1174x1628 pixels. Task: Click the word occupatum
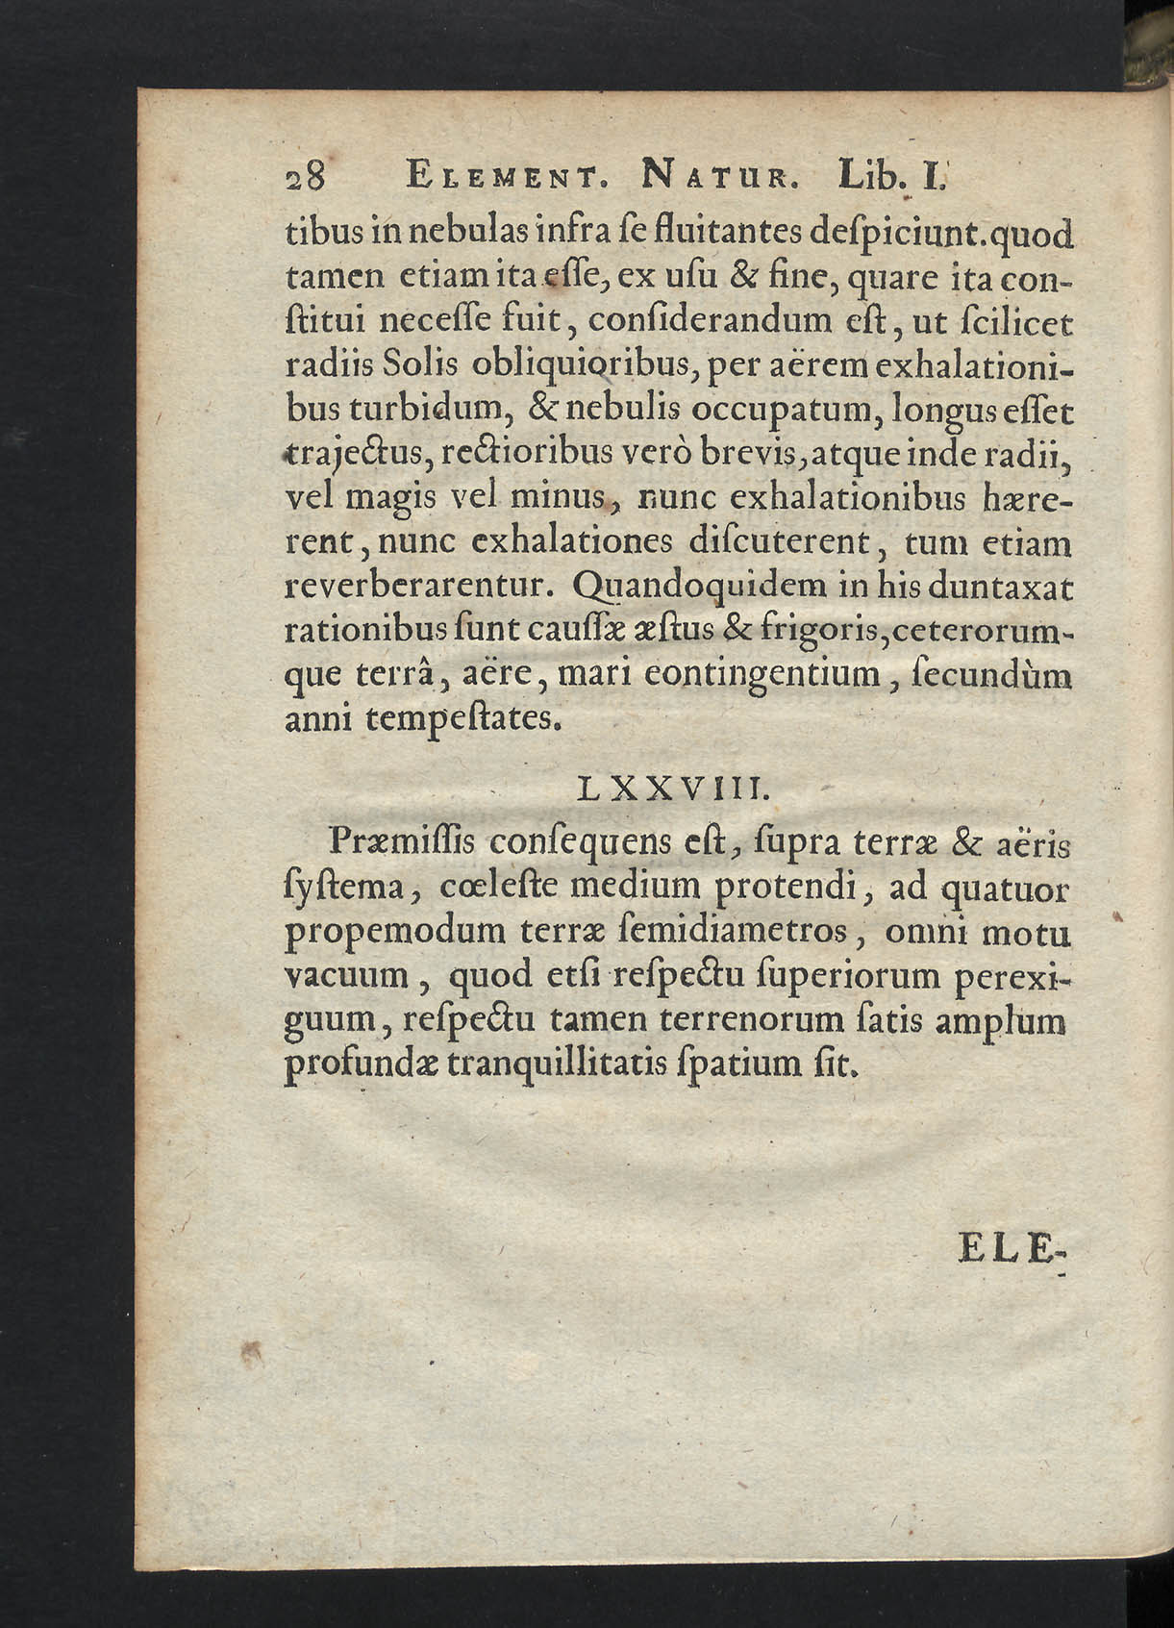pyautogui.click(x=782, y=411)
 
